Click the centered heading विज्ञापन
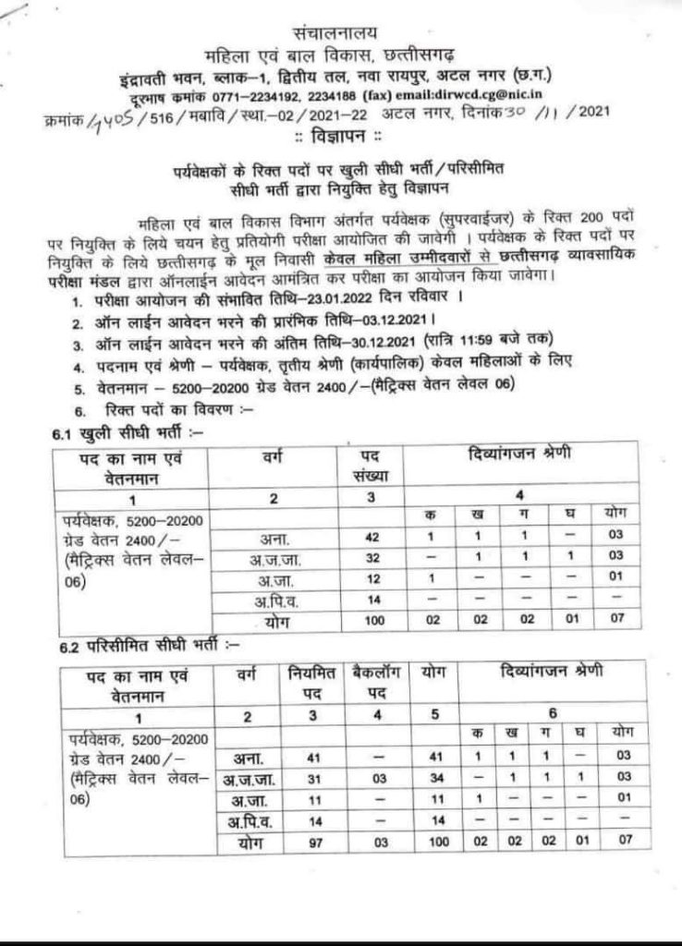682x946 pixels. [x=341, y=137]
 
